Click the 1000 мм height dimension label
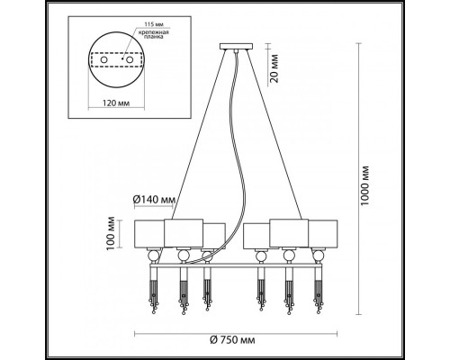[364, 185]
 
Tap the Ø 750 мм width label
[232, 340]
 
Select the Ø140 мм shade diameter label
[154, 199]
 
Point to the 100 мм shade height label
[112, 233]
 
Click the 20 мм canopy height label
[274, 68]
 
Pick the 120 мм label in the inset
[116, 103]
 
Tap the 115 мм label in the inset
[154, 24]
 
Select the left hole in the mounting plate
[103, 59]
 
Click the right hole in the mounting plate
[130, 59]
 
